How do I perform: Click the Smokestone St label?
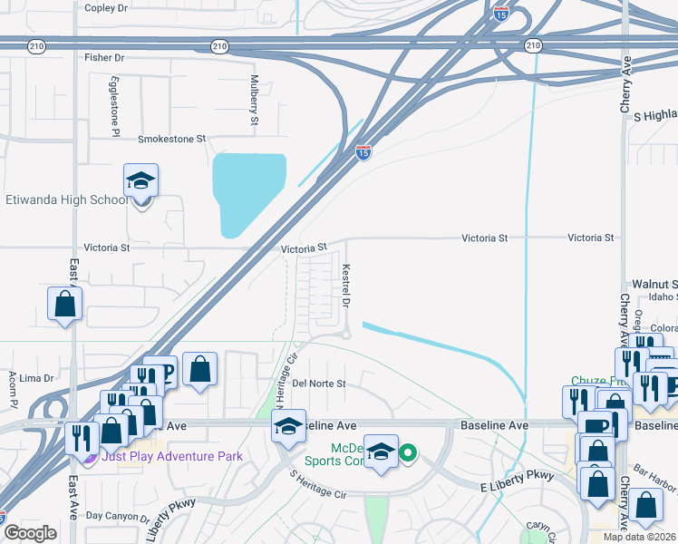click(172, 140)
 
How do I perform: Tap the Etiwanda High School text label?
click(66, 199)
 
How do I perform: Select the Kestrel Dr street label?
click(345, 285)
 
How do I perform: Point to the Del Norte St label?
click(319, 384)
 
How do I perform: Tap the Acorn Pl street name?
click(14, 388)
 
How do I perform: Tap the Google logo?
click(29, 533)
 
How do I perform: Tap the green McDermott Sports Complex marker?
click(409, 452)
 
